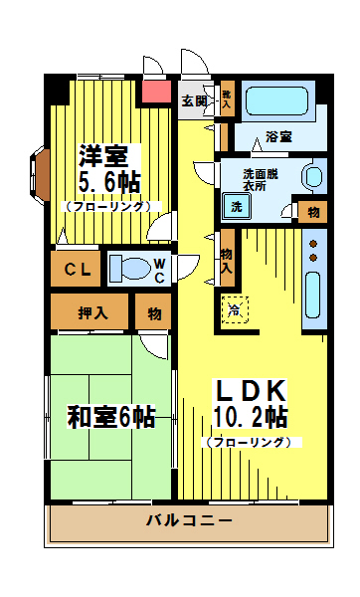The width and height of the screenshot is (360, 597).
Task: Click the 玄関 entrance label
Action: [194, 100]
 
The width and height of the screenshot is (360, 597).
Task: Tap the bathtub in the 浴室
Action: [276, 100]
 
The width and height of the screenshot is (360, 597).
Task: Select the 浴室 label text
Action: [278, 136]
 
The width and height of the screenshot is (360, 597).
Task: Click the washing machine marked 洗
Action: [237, 207]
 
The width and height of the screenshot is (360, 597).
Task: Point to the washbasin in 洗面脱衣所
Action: [313, 177]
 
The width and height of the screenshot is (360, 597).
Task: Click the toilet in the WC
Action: [129, 268]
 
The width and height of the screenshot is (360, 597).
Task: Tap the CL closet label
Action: [78, 270]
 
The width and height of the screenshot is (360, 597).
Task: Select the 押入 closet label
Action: [92, 313]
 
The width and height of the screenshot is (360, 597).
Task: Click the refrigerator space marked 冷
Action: [235, 309]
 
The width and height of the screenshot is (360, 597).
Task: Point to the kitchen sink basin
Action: [313, 296]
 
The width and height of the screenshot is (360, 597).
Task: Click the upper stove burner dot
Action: [313, 244]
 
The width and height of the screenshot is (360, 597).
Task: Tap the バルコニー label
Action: [189, 520]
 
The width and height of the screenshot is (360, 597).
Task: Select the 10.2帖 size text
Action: [250, 417]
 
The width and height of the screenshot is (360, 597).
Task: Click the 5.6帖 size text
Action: [109, 182]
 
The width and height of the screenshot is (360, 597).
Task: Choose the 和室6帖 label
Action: [111, 417]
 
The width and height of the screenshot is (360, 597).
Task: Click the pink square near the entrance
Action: [156, 92]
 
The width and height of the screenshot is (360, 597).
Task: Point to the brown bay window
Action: [41, 175]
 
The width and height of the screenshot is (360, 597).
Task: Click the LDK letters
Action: [251, 390]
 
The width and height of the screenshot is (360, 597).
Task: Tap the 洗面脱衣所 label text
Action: [261, 180]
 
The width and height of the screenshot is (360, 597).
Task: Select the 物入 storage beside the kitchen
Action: [227, 261]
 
